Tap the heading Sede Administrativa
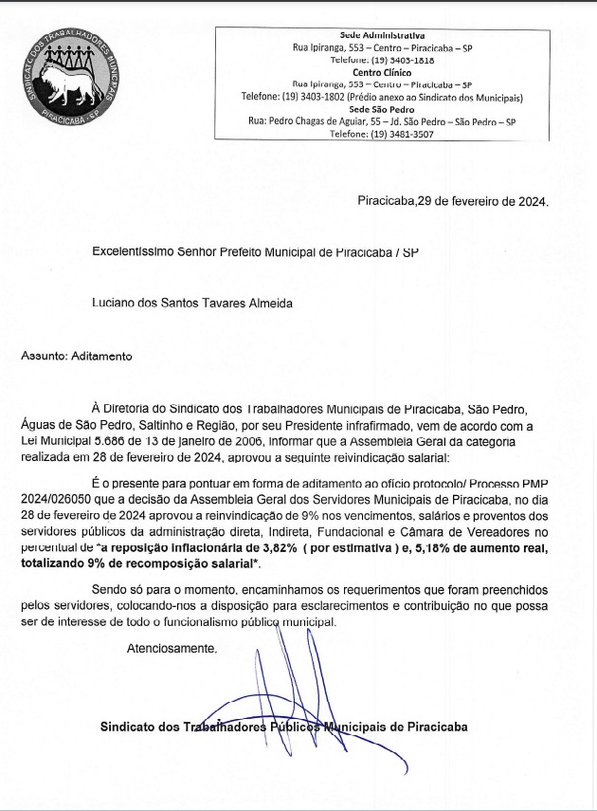[382, 35]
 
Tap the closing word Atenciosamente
[172, 650]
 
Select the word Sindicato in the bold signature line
[130, 728]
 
